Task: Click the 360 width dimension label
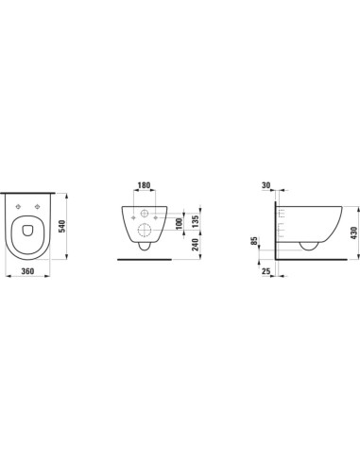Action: pyautogui.click(x=27, y=270)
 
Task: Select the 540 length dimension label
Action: pyautogui.click(x=61, y=226)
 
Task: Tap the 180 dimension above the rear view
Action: pyautogui.click(x=145, y=185)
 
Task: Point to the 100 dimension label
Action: pyautogui.click(x=179, y=224)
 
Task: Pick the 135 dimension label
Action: pyautogui.click(x=196, y=221)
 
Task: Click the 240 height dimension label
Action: pyautogui.click(x=196, y=245)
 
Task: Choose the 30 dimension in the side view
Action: pyautogui.click(x=266, y=185)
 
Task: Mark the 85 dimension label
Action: pyautogui.click(x=254, y=241)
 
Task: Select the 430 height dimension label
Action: pyautogui.click(x=354, y=232)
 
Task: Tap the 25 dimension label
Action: pyautogui.click(x=266, y=270)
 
